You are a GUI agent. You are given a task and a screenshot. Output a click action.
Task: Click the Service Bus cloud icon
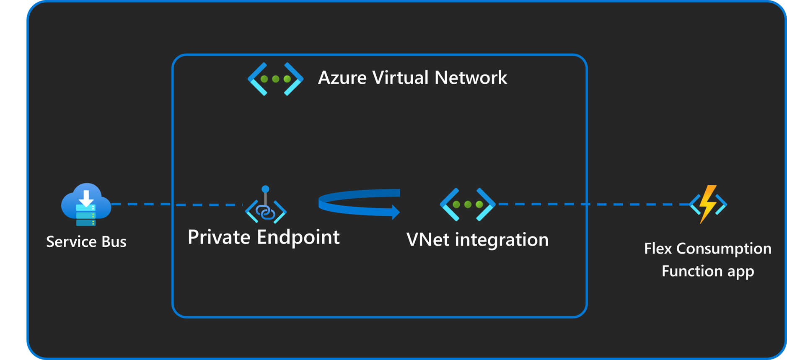coord(86,205)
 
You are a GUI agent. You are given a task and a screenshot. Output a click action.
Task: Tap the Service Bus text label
coord(86,242)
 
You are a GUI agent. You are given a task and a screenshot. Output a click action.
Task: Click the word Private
coord(219,238)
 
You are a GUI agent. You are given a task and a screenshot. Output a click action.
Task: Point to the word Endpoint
coord(298,238)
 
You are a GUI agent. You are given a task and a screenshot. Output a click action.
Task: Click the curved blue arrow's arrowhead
coord(395,212)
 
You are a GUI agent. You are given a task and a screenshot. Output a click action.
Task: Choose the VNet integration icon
coord(467,205)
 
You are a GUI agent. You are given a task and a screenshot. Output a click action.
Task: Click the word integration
coord(502,240)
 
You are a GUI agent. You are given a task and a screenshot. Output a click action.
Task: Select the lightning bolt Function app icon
coord(708,204)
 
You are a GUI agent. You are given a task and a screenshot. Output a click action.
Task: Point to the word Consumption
coord(724,249)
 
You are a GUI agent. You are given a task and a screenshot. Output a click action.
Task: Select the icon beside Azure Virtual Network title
coord(275,79)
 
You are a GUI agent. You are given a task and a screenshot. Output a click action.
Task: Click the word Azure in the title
coord(342,78)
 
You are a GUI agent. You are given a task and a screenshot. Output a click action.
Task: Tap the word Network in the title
coord(471,78)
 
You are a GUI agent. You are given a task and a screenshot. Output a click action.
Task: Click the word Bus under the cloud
coord(114,242)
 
